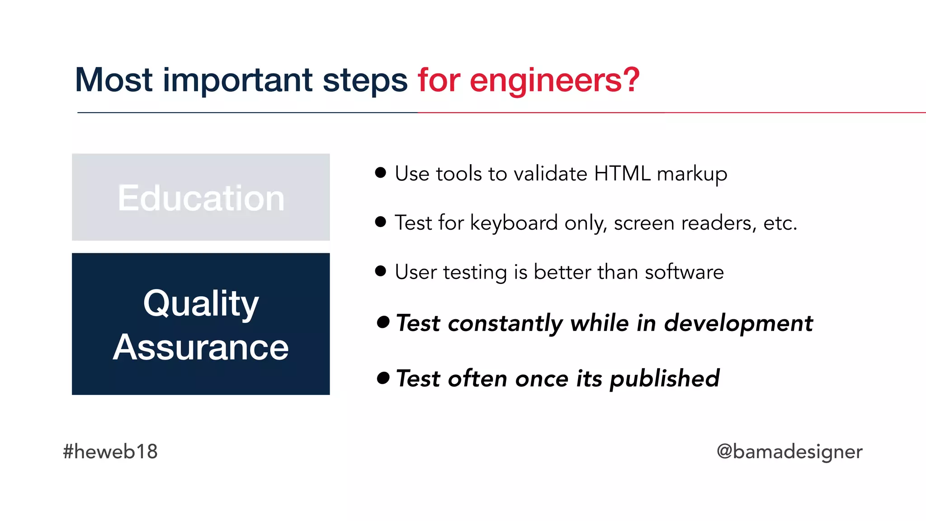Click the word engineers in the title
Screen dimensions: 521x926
554,81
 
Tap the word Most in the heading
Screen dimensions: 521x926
114,80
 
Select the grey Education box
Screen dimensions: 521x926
201,197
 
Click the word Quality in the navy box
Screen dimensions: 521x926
201,304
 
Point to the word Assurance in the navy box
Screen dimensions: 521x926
201,347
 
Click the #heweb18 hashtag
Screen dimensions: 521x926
110,451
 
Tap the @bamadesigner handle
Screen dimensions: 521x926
789,451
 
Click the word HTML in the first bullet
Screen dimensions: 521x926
622,174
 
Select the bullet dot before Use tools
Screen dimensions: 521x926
381,172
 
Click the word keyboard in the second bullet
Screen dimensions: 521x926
514,223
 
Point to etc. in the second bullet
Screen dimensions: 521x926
780,223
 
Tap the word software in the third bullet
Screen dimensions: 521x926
684,272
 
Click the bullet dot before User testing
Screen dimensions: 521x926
381,271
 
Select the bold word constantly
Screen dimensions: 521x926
505,323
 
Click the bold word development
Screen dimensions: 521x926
738,323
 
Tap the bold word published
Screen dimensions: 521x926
664,379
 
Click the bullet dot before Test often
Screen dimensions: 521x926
383,378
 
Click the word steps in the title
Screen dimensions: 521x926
365,81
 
